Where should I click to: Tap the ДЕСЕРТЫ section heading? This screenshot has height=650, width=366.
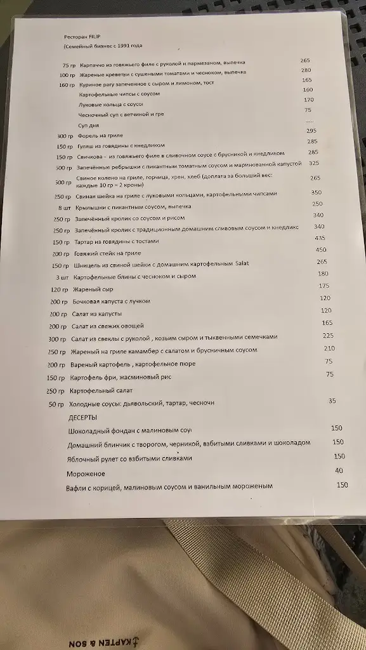(82, 418)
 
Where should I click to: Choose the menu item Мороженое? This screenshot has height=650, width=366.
(86, 474)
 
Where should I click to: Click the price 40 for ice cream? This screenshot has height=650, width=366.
(339, 470)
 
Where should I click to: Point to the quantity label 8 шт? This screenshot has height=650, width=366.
(63, 208)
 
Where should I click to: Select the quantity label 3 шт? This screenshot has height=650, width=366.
(62, 277)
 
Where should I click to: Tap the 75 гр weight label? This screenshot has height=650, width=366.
(69, 65)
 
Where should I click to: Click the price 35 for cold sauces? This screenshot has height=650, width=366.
(332, 401)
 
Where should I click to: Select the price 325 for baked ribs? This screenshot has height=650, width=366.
(313, 163)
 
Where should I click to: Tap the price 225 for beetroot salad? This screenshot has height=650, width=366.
(328, 336)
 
